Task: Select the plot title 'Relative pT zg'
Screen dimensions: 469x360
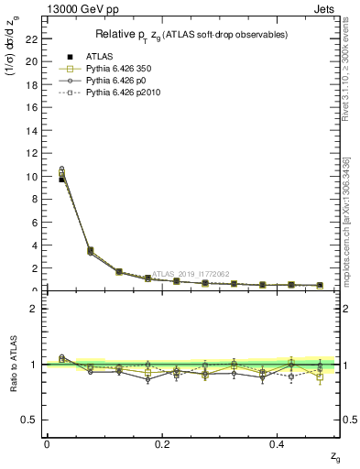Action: click(191, 35)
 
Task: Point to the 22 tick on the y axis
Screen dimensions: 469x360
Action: click(32, 38)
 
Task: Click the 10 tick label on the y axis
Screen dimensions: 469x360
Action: click(32, 176)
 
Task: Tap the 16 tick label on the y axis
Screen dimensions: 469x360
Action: click(32, 107)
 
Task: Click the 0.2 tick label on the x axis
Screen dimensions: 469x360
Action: click(162, 443)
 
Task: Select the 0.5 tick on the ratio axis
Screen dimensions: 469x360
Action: click(30, 420)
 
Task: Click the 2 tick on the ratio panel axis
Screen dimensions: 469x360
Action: click(35, 309)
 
